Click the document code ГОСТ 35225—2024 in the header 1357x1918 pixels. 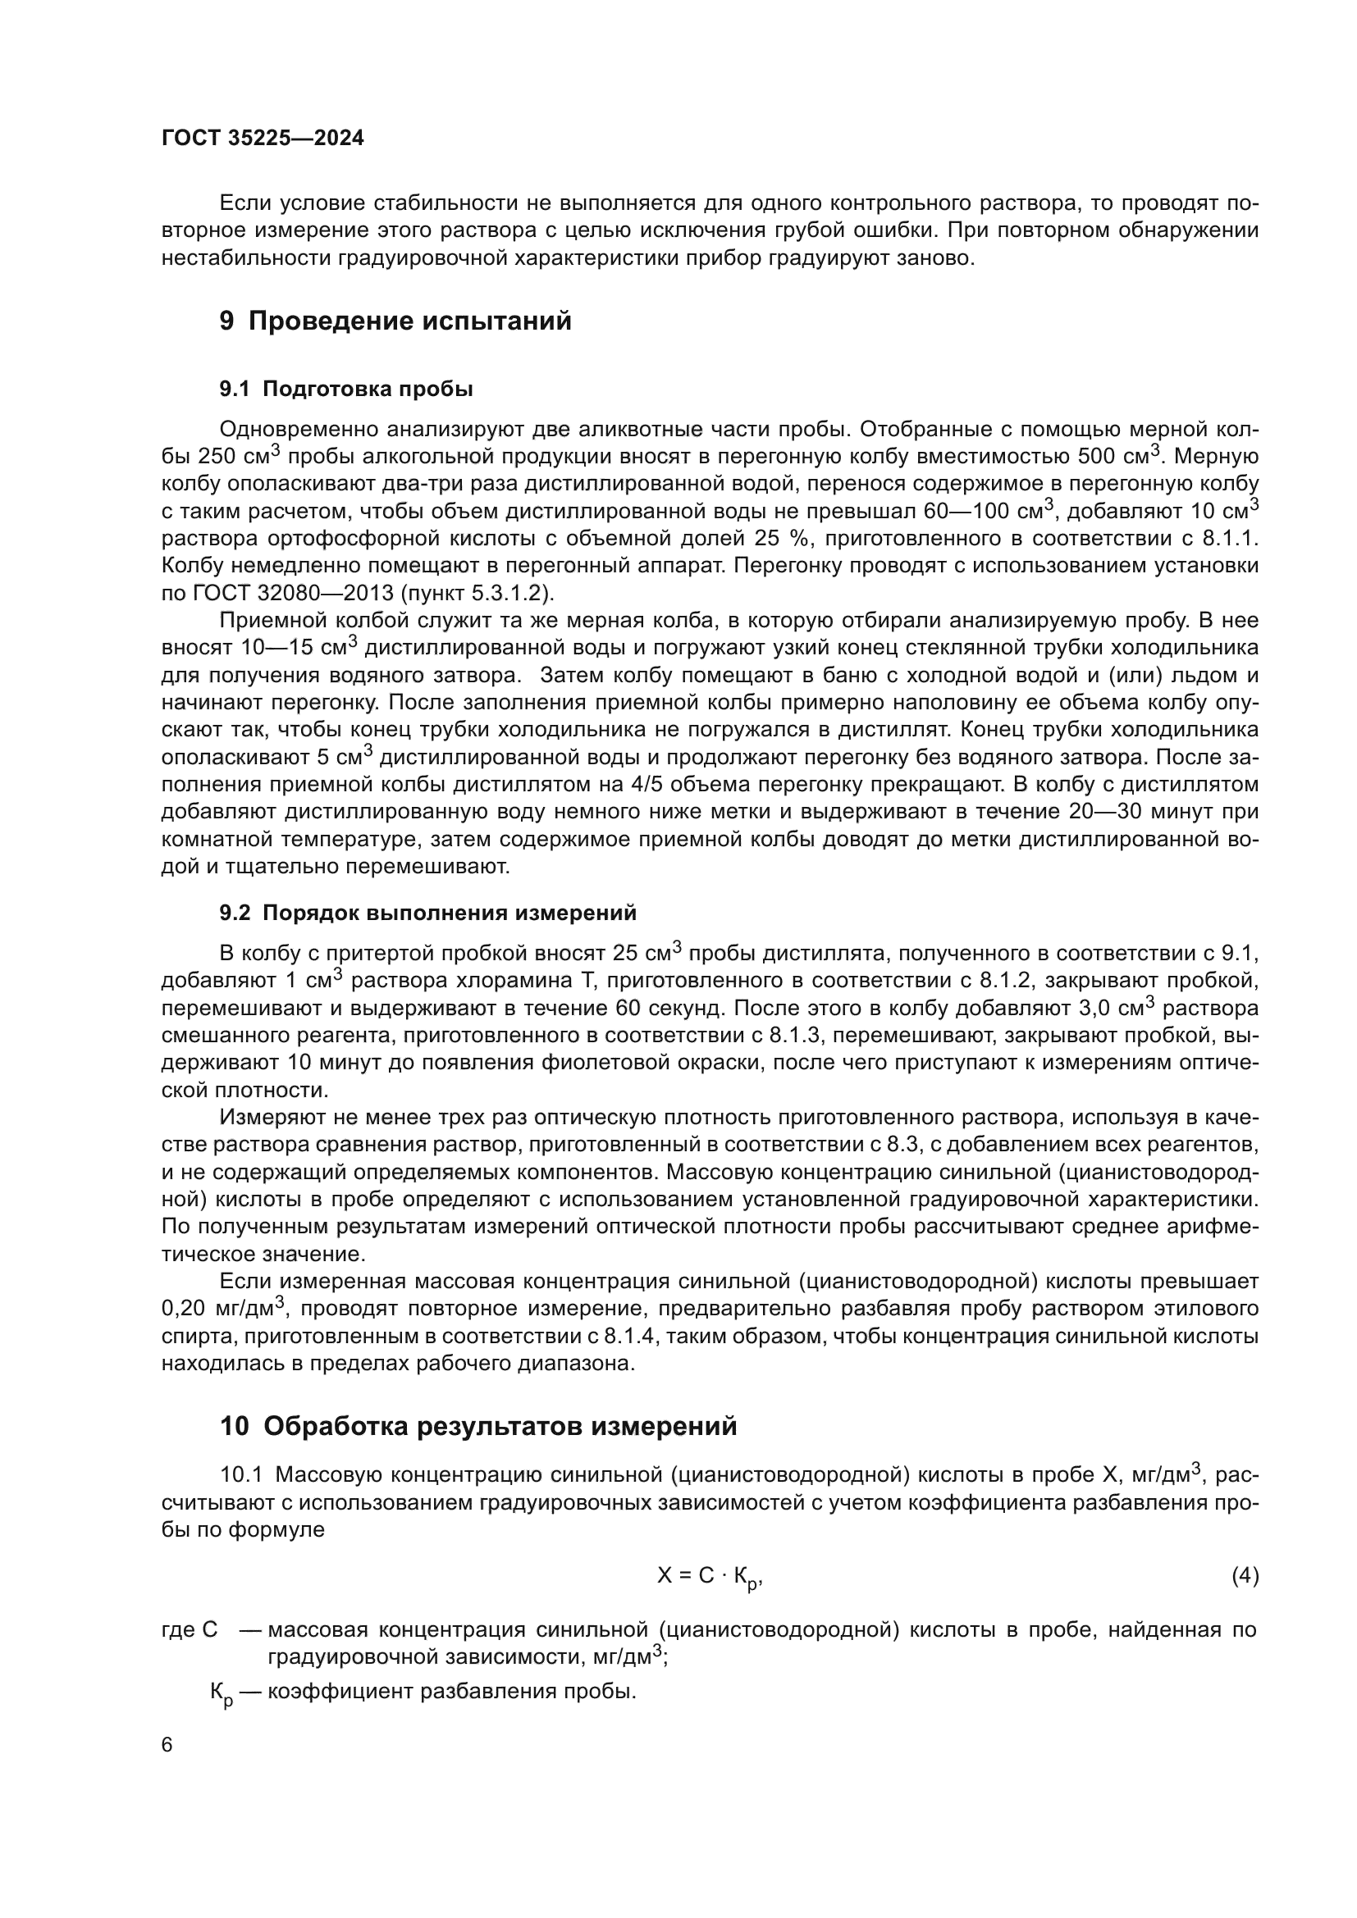(263, 139)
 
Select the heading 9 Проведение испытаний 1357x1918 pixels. (395, 321)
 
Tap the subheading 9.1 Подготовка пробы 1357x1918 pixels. (346, 389)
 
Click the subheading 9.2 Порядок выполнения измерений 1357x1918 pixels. (427, 913)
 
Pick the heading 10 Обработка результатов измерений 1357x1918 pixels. (478, 1426)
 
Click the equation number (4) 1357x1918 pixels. (1245, 1576)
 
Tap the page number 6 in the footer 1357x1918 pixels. (167, 1746)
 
